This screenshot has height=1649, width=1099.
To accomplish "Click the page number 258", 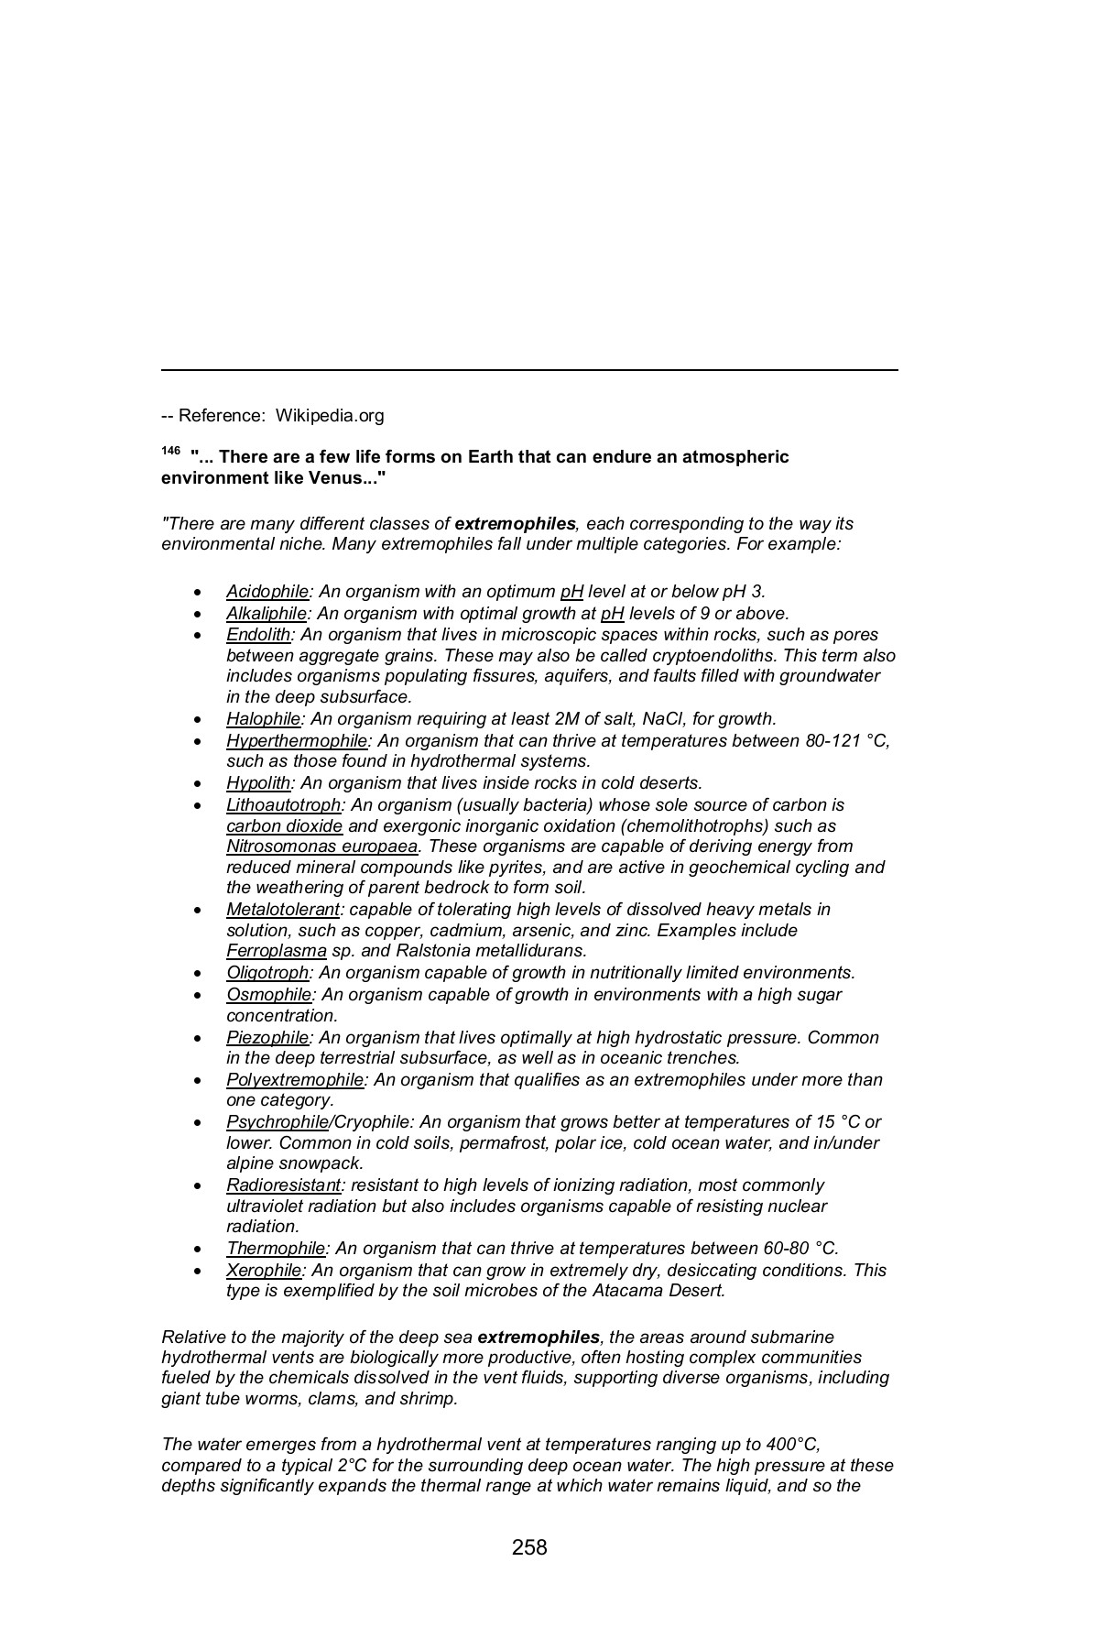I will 529,1547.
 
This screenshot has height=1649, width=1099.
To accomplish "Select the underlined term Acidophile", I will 267,592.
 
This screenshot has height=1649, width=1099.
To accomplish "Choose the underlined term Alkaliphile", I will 267,614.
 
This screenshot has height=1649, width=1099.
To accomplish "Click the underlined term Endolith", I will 258,635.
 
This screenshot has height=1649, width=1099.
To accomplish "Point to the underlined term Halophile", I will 264,719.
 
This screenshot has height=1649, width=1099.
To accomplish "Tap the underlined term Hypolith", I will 258,783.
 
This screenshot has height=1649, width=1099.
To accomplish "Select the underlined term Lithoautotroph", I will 284,805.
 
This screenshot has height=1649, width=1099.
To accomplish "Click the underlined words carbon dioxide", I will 285,826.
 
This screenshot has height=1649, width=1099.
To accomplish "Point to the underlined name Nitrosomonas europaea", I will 321,846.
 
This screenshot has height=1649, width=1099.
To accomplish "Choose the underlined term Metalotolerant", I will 283,910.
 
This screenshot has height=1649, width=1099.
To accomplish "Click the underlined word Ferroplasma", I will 277,951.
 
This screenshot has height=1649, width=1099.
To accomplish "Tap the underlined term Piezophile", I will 267,1038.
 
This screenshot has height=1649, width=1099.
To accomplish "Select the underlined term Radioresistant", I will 283,1185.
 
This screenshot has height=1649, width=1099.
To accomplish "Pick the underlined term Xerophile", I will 264,1271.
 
